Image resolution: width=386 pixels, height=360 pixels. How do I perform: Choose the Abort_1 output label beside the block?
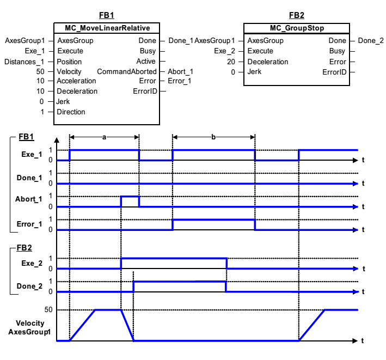(x=180, y=71)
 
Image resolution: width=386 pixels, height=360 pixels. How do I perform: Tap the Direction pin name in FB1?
(x=71, y=112)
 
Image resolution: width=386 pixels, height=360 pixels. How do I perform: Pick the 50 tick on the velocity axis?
(x=48, y=310)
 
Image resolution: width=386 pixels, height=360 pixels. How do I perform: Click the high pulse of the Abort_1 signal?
(x=130, y=197)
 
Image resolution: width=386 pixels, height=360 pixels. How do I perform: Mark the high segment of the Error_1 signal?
(x=213, y=219)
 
